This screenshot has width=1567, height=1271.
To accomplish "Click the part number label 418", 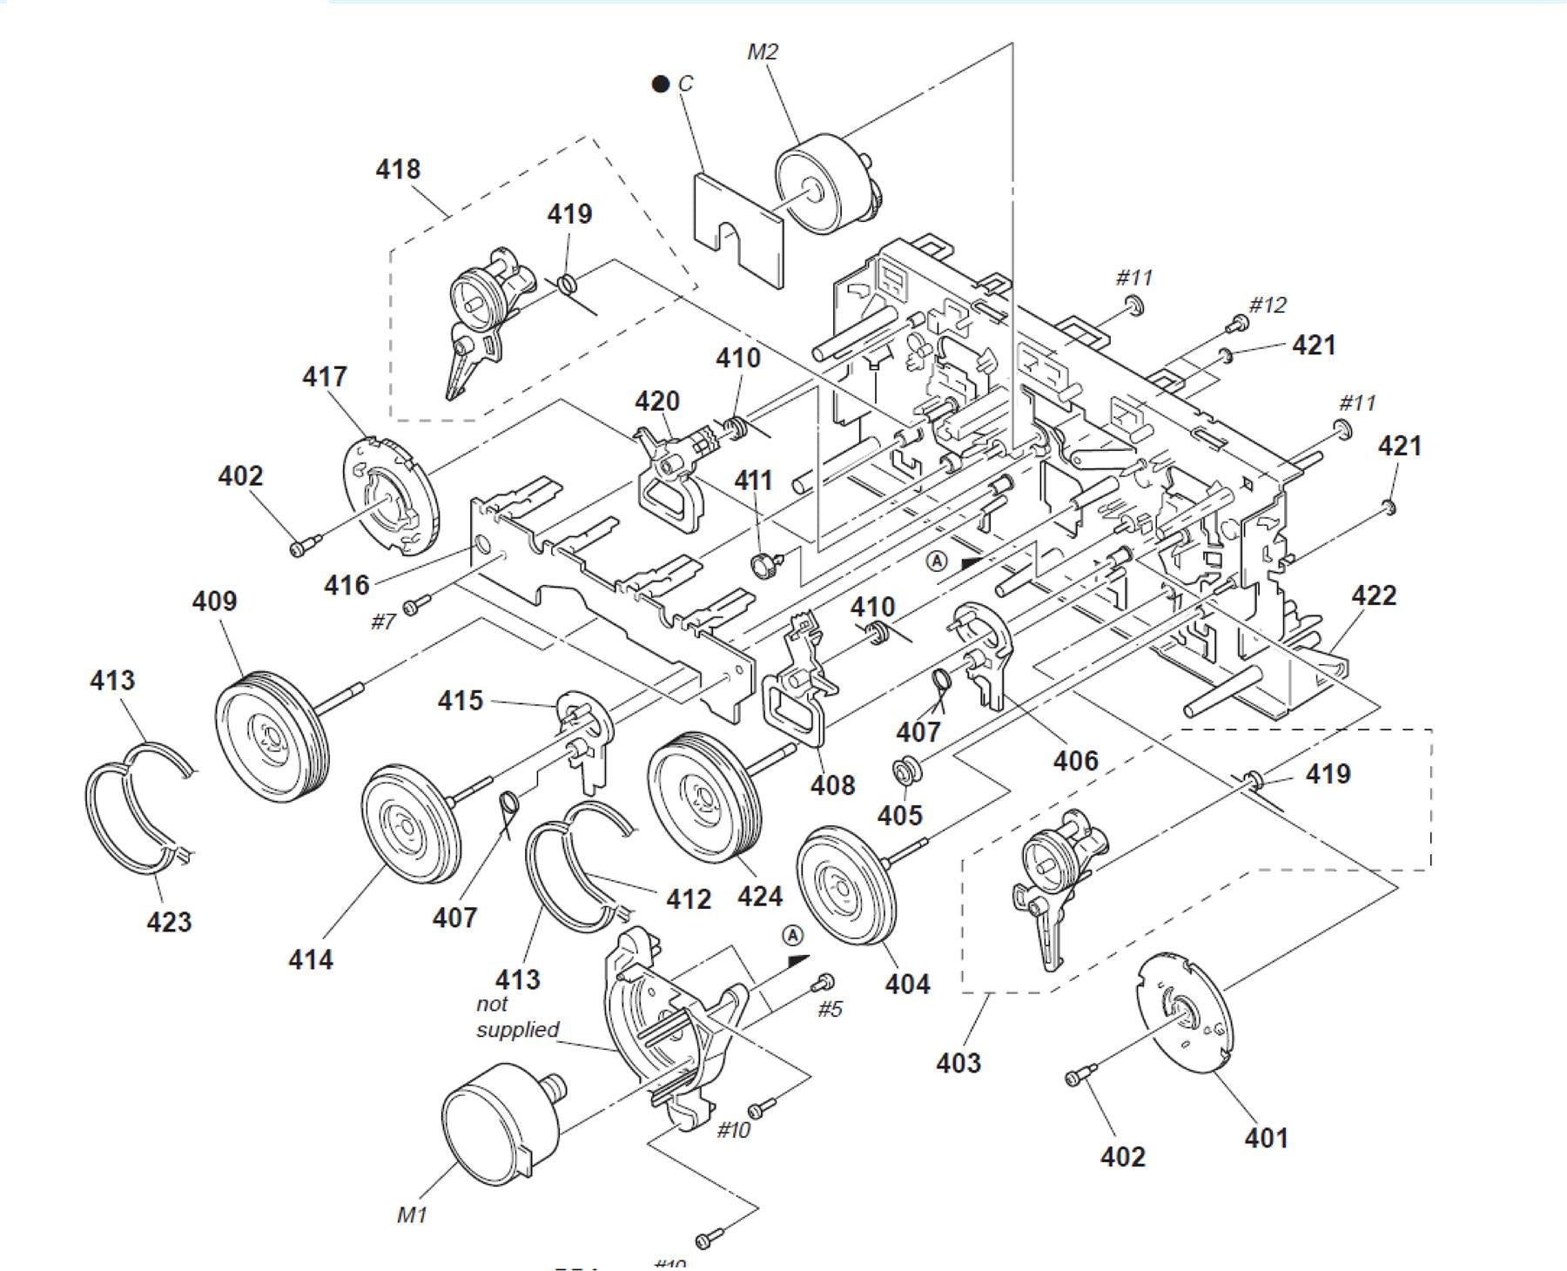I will [x=398, y=169].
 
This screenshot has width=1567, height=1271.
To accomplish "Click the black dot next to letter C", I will [x=661, y=84].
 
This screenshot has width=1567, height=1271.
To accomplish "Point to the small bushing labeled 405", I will [x=905, y=771].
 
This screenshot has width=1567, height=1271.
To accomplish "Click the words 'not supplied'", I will [x=517, y=1017].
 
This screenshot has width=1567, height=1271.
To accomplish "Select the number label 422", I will [x=1374, y=595].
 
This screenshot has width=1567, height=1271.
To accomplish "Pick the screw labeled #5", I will [x=821, y=983].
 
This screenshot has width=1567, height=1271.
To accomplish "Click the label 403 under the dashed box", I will [x=958, y=1062].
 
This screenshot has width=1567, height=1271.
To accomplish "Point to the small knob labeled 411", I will [x=763, y=564].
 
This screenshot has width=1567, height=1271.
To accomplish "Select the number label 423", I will [x=169, y=921].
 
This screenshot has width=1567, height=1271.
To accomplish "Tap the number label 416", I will [x=346, y=585].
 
